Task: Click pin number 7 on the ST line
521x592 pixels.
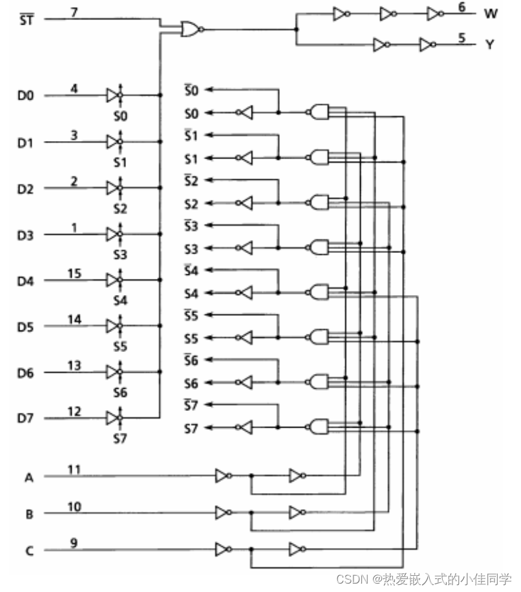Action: coord(74,11)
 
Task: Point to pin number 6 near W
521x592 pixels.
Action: coord(462,6)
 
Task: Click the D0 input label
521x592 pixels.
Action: coord(25,96)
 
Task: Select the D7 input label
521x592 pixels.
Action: coord(25,419)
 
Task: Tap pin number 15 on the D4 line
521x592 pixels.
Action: coord(74,274)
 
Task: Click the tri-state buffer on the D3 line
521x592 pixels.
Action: coord(113,234)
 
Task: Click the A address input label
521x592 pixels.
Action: coord(28,477)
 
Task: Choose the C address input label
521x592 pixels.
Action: coord(28,551)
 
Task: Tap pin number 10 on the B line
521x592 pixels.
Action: coord(74,507)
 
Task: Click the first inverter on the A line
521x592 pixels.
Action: coord(222,477)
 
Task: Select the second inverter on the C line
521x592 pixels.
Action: coord(296,551)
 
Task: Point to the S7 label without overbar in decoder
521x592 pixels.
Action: coord(191,428)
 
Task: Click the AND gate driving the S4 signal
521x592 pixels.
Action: coord(319,292)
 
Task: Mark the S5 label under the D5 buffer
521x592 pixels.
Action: coord(120,347)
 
